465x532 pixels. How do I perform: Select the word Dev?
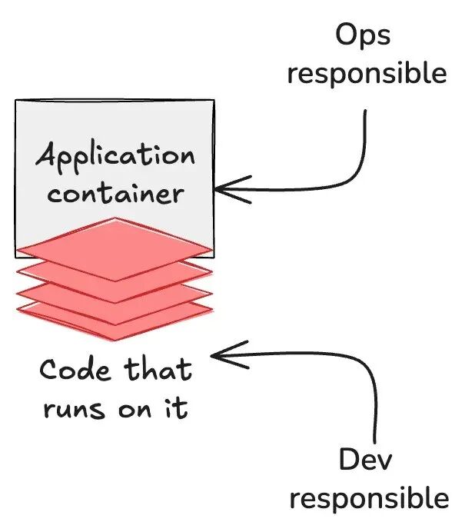click(x=366, y=461)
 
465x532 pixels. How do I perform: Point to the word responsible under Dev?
click(x=369, y=499)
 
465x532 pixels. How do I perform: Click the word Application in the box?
click(x=115, y=157)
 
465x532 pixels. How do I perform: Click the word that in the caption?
click(x=159, y=371)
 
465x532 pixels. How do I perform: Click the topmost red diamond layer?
click(x=114, y=248)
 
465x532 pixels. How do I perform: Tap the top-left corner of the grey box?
click(x=16, y=101)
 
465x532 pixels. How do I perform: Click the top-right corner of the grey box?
click(x=213, y=101)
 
